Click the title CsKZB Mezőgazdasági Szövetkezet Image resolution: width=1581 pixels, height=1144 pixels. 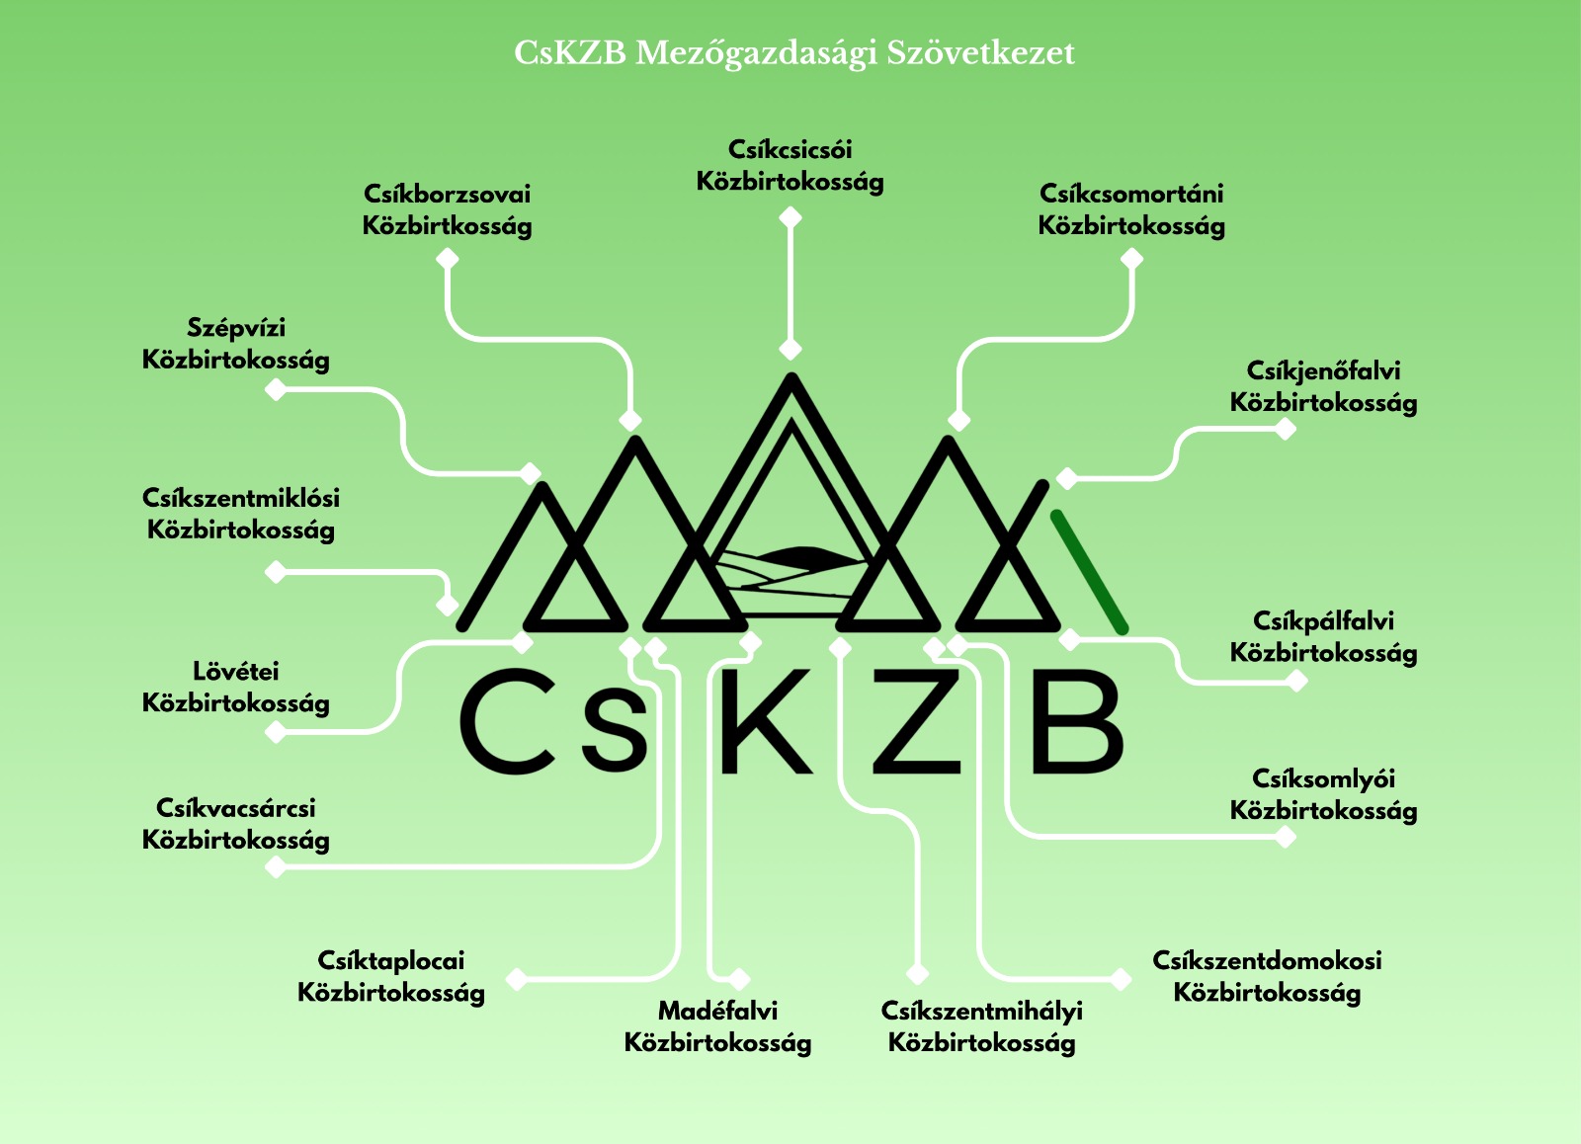point(793,53)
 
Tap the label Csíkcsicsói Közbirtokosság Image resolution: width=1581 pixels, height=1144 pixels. point(790,166)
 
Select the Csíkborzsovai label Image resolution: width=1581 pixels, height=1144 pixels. point(447,209)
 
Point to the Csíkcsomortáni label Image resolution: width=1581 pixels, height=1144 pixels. point(1131,209)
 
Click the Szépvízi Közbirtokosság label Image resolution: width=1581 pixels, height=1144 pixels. point(236,344)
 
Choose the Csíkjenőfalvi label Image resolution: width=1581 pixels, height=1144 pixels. point(1323,387)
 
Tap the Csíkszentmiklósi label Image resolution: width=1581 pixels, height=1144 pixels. point(241,514)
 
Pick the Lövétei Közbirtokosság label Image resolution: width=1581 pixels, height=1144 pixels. point(236,688)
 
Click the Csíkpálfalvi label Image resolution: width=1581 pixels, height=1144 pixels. point(1323,637)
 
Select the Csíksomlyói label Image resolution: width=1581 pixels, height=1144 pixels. point(1323,794)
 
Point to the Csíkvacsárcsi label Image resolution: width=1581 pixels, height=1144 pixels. point(236,824)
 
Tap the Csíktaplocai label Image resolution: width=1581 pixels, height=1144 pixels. point(391,976)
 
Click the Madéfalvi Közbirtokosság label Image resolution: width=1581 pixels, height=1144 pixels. point(718,1026)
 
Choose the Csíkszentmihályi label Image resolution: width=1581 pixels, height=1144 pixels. point(982,1026)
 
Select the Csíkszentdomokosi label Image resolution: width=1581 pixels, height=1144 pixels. point(1267,976)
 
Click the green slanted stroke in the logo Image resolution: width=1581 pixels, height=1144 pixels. point(1089,571)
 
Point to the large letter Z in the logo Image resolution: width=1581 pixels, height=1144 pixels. point(917,720)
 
